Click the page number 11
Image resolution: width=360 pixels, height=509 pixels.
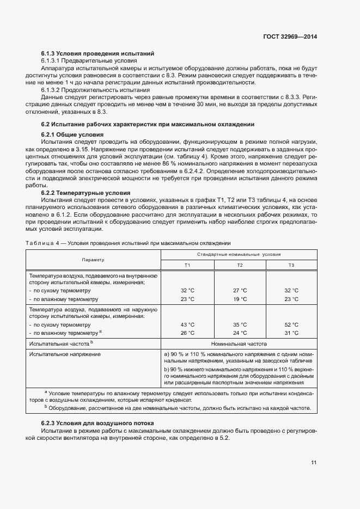tap(314, 463)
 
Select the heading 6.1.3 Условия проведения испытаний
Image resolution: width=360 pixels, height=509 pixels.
tap(98, 53)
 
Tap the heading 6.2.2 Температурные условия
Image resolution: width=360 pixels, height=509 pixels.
tap(86, 193)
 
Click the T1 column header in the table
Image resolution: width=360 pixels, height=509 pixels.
tap(187, 265)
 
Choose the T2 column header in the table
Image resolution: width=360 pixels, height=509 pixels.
tap(240, 265)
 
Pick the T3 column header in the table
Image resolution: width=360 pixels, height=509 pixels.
tap(291, 265)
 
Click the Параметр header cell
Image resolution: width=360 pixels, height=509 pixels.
tap(93, 260)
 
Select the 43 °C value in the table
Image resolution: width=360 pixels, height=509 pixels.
tap(187, 324)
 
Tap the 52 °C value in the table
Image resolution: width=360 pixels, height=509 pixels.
tap(291, 324)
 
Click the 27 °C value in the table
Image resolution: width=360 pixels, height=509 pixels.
tap(240, 291)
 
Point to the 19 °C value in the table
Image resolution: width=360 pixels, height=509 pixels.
tap(240, 299)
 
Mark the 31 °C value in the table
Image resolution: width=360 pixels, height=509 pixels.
tap(291, 333)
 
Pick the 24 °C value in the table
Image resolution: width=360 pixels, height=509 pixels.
tap(240, 333)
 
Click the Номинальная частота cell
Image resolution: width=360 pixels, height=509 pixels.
tap(239, 344)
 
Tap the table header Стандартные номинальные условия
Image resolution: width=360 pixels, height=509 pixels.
tap(239, 254)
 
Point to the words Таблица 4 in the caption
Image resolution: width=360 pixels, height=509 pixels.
tap(42, 243)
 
